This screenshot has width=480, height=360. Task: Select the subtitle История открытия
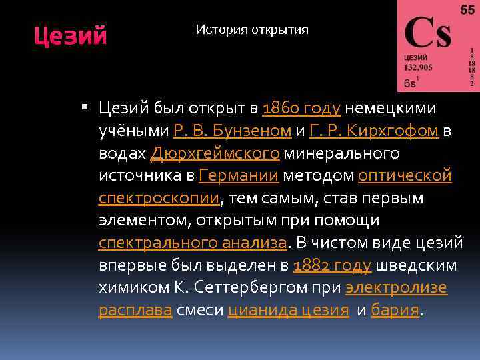[x=252, y=30]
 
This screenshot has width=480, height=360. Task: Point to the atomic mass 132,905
[x=418, y=67]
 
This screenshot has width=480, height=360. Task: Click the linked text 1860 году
[x=302, y=108]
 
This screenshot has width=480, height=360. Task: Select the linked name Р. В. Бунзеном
[x=232, y=131]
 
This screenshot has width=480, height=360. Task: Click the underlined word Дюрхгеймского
[x=215, y=153]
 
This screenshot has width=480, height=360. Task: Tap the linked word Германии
[x=238, y=176]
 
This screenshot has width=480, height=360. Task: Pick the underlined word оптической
[x=405, y=176]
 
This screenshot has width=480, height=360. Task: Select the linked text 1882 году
[x=332, y=265]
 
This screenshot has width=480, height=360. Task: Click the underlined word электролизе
[x=396, y=287]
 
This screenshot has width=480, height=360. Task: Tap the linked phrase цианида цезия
[x=288, y=310]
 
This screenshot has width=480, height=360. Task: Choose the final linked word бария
[x=395, y=310]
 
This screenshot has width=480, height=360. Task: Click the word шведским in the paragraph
[x=417, y=265]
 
